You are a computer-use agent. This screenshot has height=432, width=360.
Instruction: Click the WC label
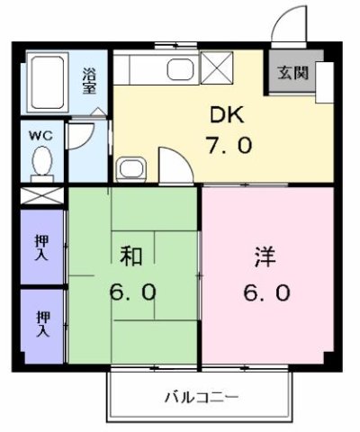(x=40, y=136)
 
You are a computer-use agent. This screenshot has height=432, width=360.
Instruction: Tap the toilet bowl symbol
(x=40, y=163)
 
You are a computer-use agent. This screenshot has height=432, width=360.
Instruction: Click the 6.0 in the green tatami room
(x=133, y=292)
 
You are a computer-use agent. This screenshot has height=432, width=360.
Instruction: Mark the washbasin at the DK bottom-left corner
(x=130, y=168)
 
